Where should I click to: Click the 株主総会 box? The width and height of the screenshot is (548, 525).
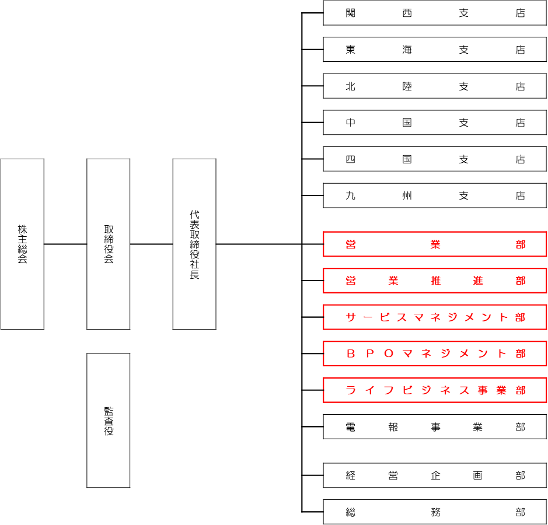22,244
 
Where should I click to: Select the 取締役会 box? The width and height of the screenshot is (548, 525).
108,244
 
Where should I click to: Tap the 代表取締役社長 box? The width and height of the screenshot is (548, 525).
194,244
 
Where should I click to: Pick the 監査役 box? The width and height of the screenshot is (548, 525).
108,420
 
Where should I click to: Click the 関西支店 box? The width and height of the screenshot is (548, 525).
435,13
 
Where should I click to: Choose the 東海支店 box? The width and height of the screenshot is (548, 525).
435,50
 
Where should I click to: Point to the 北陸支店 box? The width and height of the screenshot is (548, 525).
435,86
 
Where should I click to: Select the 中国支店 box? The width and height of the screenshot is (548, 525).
435,123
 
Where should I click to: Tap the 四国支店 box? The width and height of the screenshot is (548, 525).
435,159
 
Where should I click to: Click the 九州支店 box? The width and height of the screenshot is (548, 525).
435,195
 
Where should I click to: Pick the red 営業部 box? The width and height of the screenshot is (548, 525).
435,244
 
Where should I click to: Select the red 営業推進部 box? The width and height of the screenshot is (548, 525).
435,281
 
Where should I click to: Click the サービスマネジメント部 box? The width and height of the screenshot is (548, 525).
435,317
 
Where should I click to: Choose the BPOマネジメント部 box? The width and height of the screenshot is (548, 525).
435,353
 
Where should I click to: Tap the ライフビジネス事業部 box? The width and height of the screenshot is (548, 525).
435,390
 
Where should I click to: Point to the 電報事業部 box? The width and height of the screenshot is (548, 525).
435,426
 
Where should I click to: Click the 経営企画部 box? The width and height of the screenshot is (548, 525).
435,475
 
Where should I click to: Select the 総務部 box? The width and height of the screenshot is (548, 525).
435,512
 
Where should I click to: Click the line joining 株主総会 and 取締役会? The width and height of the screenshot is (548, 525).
65,244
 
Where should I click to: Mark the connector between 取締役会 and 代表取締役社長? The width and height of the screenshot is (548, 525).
151,244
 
